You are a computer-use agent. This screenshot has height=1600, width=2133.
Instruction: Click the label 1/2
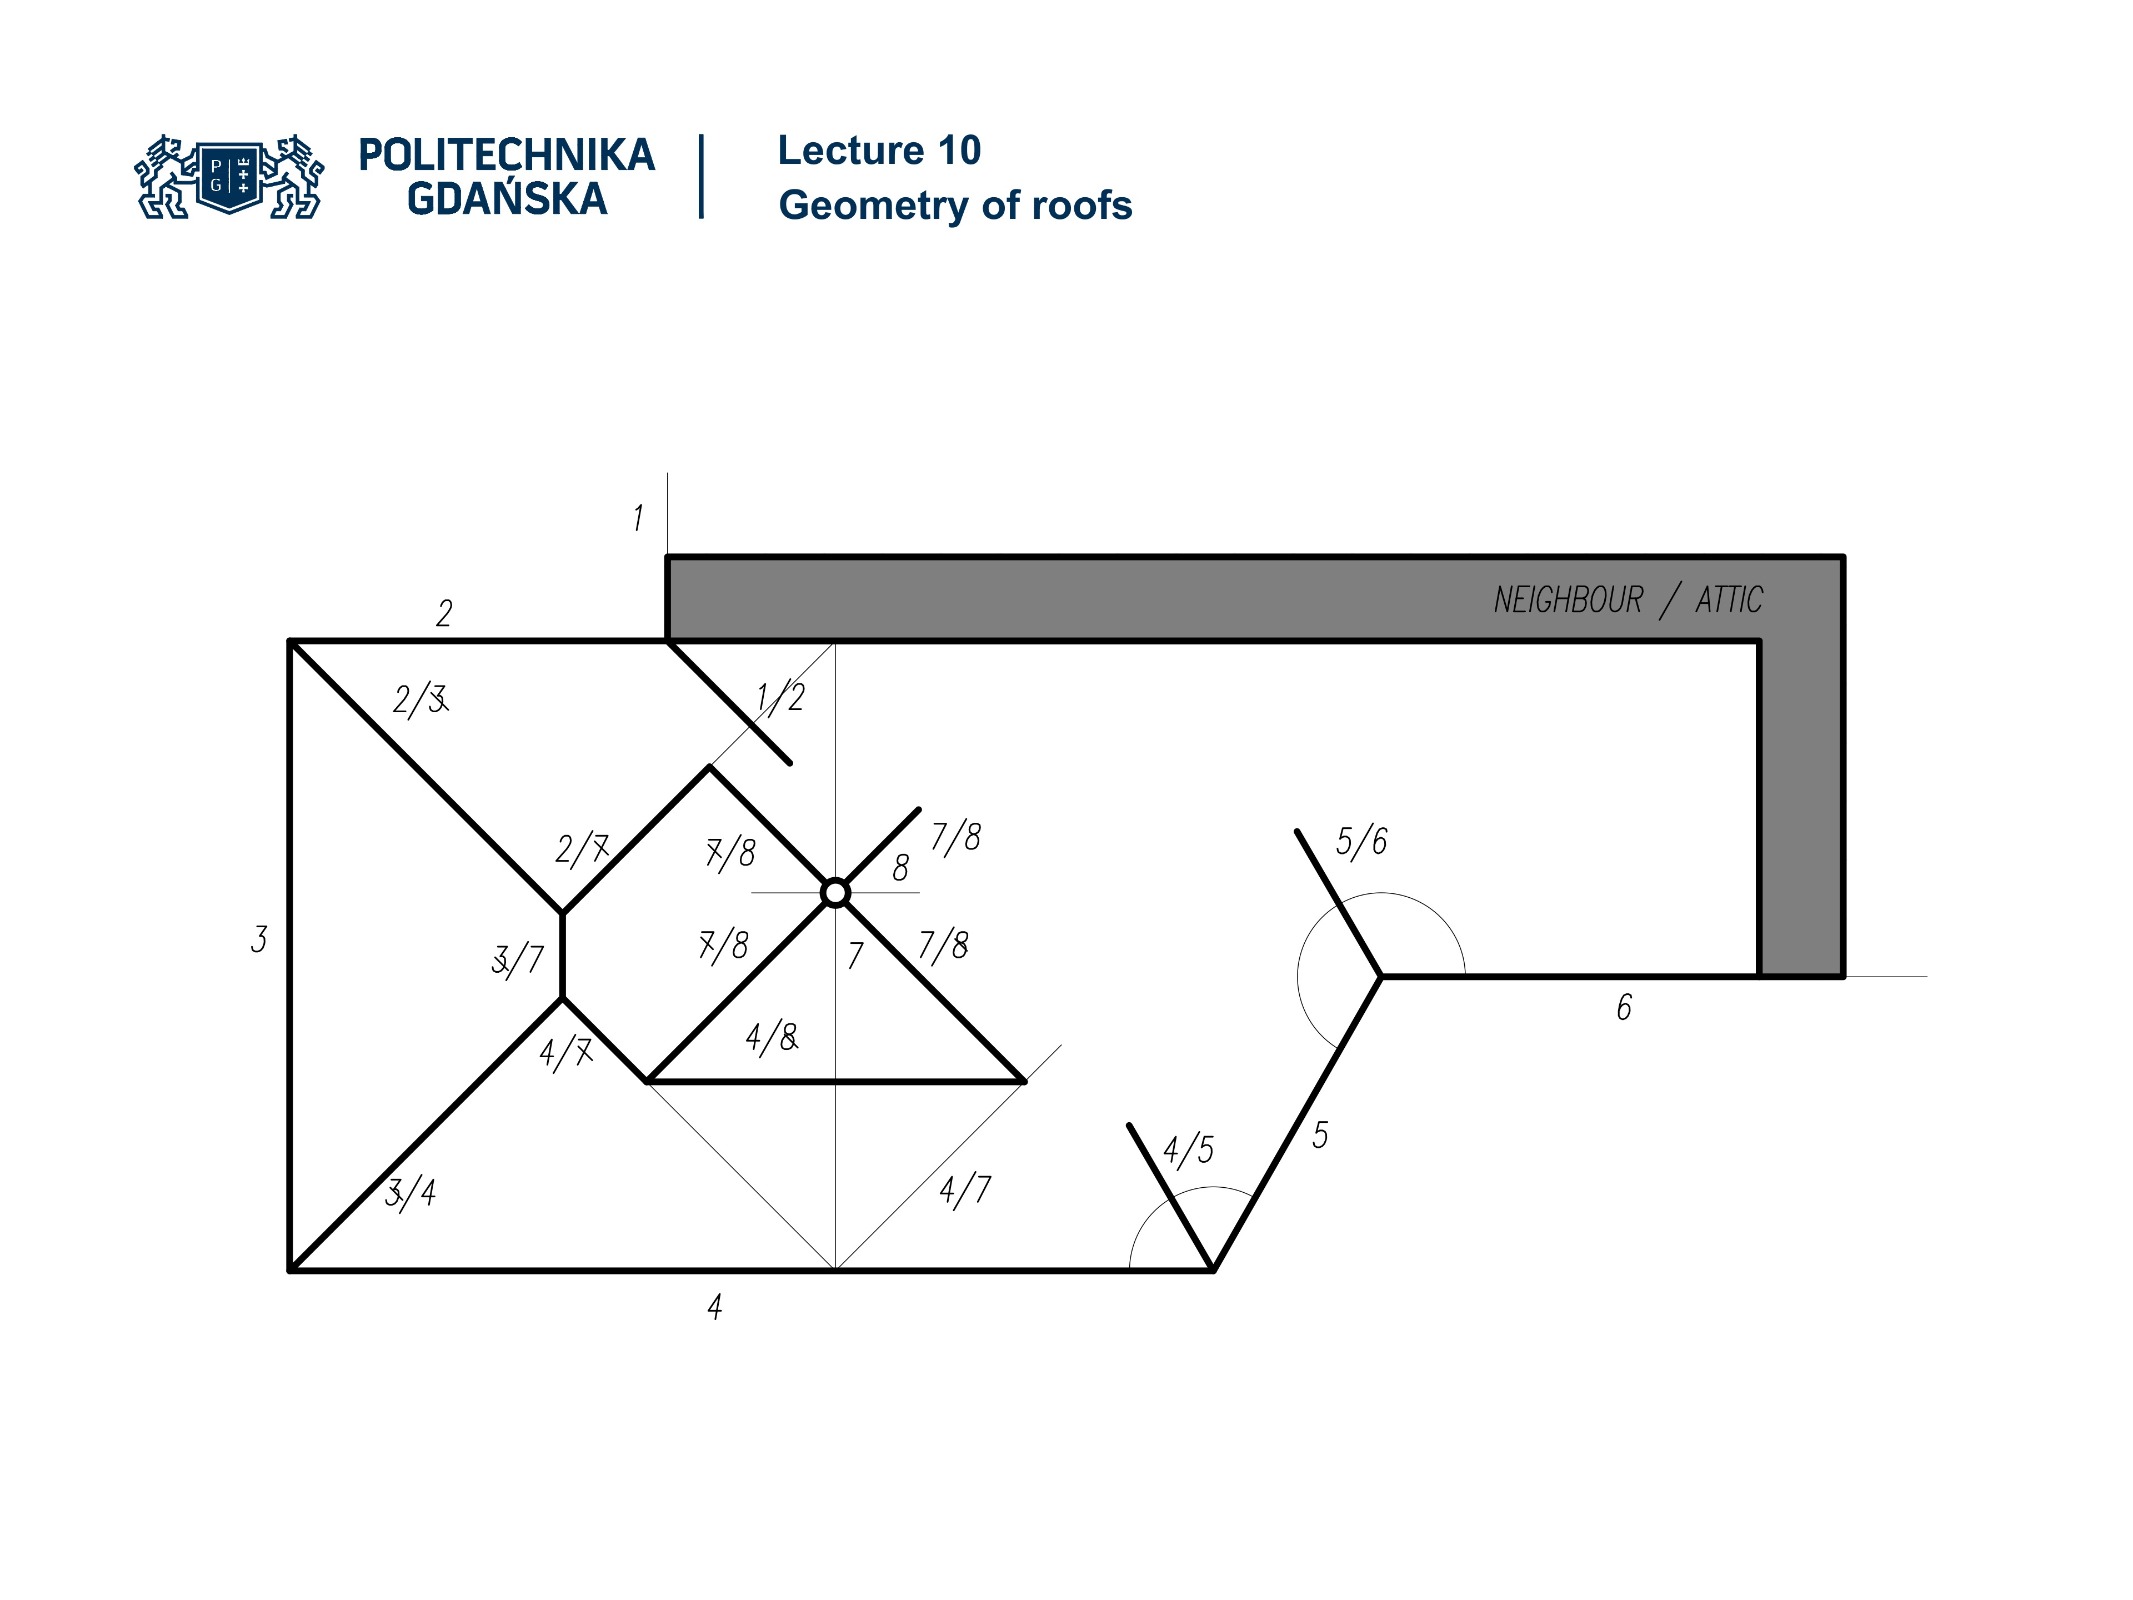click(x=780, y=696)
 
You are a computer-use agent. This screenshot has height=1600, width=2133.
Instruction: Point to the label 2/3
click(x=419, y=699)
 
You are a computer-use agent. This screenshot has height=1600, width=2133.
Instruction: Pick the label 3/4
click(x=411, y=1193)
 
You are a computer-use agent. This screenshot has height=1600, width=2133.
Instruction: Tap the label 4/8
click(x=772, y=1038)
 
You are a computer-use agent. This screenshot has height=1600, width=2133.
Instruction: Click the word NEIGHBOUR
click(x=1568, y=600)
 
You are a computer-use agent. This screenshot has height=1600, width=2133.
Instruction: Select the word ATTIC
click(x=1729, y=600)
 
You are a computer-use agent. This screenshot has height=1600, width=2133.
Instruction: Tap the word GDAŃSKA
click(x=507, y=199)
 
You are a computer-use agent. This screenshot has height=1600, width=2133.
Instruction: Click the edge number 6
click(x=1624, y=1008)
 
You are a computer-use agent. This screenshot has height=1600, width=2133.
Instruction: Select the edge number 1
click(x=637, y=518)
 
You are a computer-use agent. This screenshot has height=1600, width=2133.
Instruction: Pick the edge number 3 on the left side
click(x=258, y=938)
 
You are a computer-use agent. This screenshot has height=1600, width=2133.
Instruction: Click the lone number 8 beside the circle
click(x=900, y=868)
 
